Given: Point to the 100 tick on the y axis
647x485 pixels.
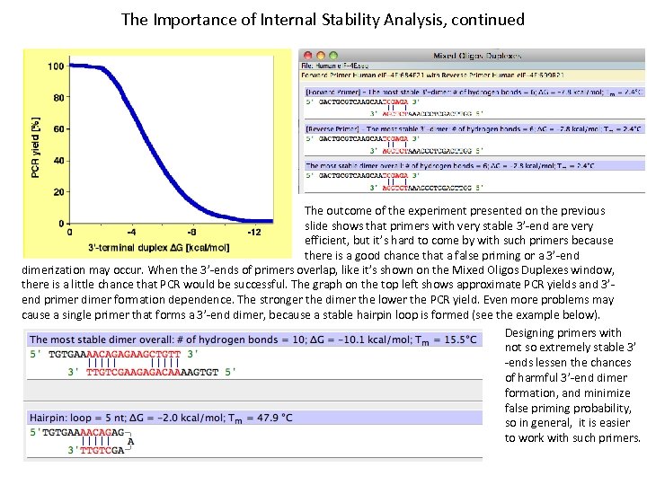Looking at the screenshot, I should (x=55, y=66).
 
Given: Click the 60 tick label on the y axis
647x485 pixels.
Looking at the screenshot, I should (x=58, y=129).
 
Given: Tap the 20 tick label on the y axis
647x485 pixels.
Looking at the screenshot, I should (x=58, y=192).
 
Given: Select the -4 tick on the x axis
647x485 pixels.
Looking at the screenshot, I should (x=131, y=233).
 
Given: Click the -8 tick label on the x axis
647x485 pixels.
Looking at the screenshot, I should (x=192, y=233).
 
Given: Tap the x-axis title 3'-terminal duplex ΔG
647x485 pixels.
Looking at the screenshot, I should (x=158, y=247).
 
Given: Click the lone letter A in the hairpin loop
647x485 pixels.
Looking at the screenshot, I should (x=131, y=441).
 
